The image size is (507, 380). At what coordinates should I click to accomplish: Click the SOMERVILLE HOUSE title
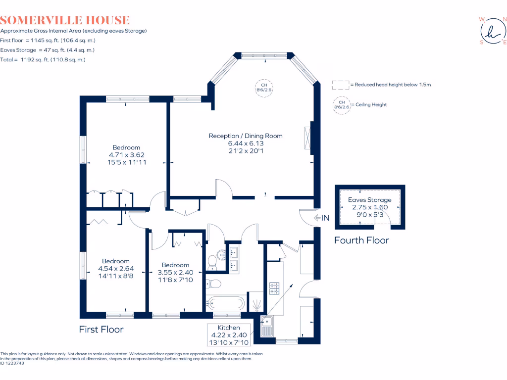[x=65, y=20]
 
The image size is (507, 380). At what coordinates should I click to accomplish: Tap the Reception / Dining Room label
[x=246, y=136]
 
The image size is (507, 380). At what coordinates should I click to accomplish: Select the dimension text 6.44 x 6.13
[x=246, y=143]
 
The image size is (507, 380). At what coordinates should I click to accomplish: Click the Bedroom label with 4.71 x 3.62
[x=126, y=147]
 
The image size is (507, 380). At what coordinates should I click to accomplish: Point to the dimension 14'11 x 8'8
[x=116, y=277]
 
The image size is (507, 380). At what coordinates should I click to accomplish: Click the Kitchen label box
[x=229, y=334]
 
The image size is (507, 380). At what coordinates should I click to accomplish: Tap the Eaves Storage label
[x=369, y=200]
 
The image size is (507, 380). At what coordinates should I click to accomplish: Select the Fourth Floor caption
[x=361, y=240]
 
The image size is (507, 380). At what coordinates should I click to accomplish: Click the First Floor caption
[x=101, y=329]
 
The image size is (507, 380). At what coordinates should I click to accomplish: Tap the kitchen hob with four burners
[x=275, y=287]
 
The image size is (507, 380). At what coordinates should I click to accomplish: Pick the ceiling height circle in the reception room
[x=264, y=88]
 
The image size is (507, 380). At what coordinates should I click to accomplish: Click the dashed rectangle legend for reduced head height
[x=341, y=85]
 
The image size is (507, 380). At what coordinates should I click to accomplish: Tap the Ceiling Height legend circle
[x=342, y=105]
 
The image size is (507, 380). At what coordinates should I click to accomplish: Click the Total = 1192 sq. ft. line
[x=43, y=59]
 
